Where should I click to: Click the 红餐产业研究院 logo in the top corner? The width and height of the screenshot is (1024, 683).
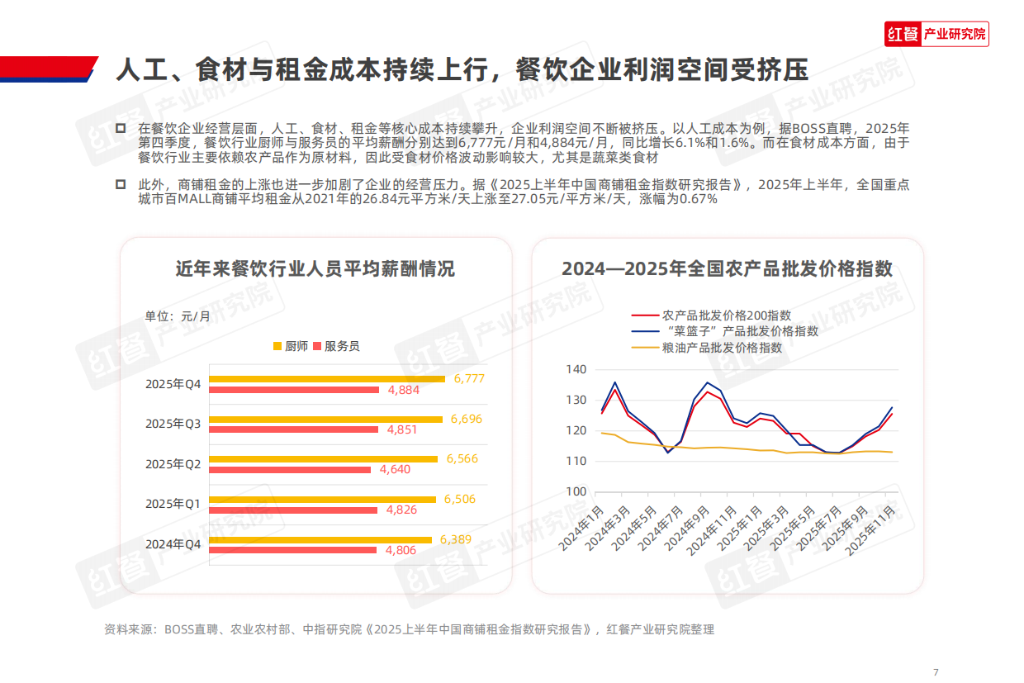point(936,34)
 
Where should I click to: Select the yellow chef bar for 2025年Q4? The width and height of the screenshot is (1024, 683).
point(327,379)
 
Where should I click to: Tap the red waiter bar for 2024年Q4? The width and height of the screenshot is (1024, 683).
point(293,550)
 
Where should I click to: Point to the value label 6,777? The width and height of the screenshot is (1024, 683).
point(468,379)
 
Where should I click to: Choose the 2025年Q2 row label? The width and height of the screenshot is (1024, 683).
point(173,464)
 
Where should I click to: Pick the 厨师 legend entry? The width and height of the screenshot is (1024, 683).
point(291,346)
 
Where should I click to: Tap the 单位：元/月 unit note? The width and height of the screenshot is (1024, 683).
point(178,316)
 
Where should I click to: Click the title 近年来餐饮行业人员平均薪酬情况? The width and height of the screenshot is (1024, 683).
point(315,269)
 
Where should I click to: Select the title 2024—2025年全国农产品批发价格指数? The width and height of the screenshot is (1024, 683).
point(727,269)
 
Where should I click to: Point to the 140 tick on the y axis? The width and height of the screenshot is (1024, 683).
point(576,370)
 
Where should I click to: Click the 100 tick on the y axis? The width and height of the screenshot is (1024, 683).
point(576,492)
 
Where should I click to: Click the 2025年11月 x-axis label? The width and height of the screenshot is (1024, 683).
point(871,529)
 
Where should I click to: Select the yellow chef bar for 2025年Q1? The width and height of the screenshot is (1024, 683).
point(322,499)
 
